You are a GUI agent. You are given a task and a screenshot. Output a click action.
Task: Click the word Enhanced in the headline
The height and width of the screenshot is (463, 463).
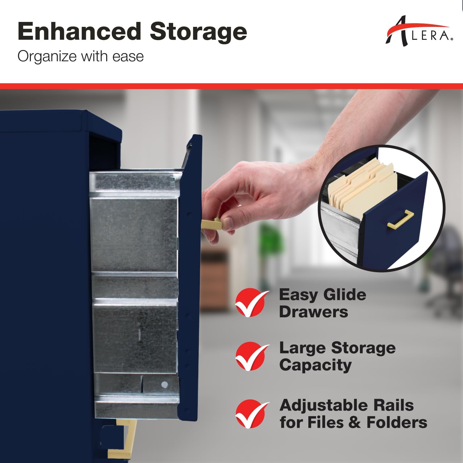[78, 31]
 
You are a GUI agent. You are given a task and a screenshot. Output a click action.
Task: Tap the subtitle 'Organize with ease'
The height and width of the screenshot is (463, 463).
[81, 56]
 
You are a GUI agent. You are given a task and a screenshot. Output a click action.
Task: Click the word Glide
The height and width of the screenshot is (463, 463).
[343, 295]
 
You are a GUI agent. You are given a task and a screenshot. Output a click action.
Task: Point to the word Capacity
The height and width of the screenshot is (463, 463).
[315, 365]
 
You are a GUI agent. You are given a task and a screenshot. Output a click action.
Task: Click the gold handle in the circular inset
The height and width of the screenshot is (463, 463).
[401, 220]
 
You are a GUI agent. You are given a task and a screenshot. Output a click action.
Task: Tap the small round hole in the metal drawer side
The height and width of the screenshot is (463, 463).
[165, 384]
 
